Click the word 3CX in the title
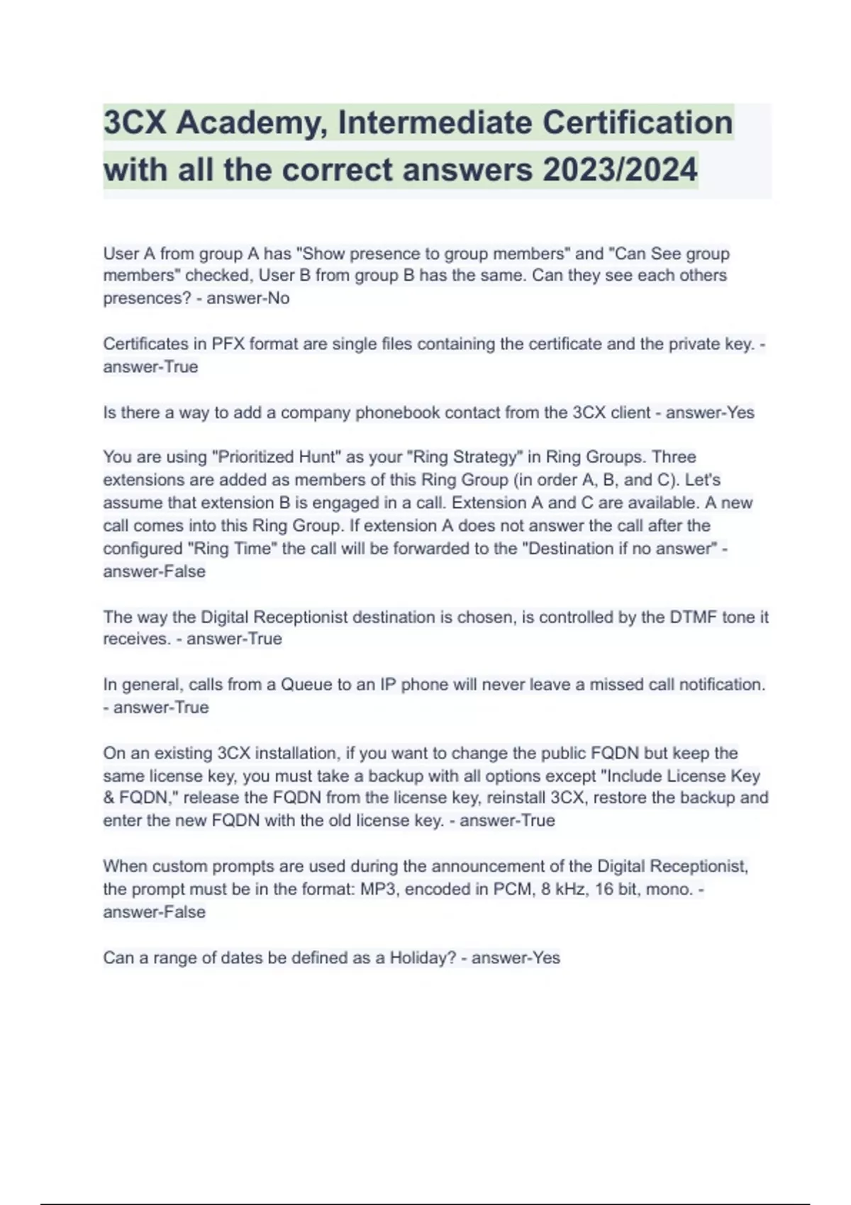coord(135,123)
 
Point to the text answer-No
coord(248,298)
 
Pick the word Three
coord(674,457)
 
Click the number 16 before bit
coord(604,889)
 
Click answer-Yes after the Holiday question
coord(516,958)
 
